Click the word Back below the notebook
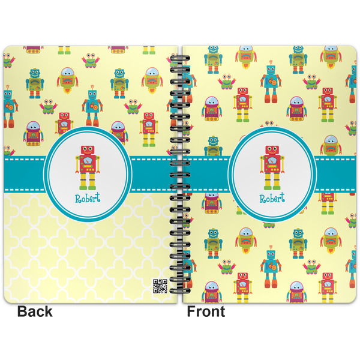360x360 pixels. point(35,311)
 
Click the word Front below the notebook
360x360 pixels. point(206,311)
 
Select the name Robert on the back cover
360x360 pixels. point(88,199)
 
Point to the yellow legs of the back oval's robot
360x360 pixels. point(87,182)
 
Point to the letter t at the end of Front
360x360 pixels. point(222,312)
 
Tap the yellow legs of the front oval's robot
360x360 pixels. point(271,182)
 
